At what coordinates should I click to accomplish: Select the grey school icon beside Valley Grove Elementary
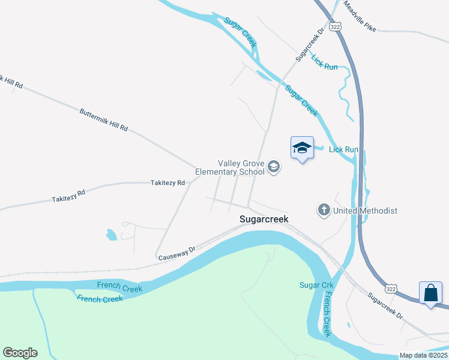click(274, 167)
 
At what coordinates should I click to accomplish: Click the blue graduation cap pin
click(302, 148)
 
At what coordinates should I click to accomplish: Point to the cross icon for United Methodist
click(324, 210)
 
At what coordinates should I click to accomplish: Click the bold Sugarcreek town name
click(264, 220)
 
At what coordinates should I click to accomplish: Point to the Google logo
click(20, 353)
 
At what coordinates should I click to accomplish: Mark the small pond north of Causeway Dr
click(112, 235)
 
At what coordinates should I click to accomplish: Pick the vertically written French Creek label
click(327, 314)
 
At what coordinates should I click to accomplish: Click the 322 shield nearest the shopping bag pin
click(391, 289)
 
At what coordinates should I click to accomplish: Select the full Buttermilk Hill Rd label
click(104, 120)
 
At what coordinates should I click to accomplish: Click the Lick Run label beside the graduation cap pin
click(343, 149)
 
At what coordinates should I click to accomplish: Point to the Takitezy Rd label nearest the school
click(168, 183)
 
